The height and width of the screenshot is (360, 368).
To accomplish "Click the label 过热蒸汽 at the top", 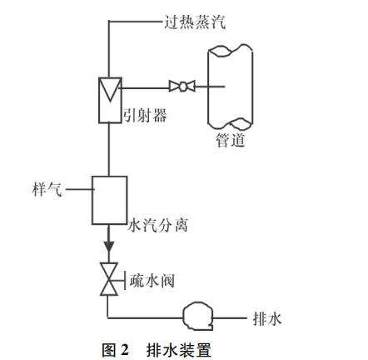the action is pos(195,22).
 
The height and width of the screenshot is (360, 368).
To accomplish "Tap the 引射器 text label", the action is pos(145,115).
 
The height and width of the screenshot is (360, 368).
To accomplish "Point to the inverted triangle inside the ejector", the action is pos(110,89).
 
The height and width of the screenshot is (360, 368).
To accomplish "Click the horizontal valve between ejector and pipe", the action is pos(182,86).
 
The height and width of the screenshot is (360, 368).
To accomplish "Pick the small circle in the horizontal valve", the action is pos(182,86).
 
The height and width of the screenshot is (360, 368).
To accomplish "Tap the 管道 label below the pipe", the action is pos(231,140).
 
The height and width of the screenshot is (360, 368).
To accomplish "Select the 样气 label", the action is pos(47,189).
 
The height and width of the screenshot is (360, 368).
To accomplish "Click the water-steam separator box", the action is pos(110,200).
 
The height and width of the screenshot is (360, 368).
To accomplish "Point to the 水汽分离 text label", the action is pos(157,225).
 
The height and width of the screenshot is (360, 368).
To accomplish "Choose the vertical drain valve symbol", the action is pos(109,278).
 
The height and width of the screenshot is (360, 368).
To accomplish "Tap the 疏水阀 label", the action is pos(152,281).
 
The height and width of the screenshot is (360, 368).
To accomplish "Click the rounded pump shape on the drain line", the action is pos(197,316).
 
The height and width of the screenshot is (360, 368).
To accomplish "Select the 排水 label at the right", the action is pos(267,318).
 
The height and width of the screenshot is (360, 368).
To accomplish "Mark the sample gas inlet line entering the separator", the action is pos(79,190).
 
